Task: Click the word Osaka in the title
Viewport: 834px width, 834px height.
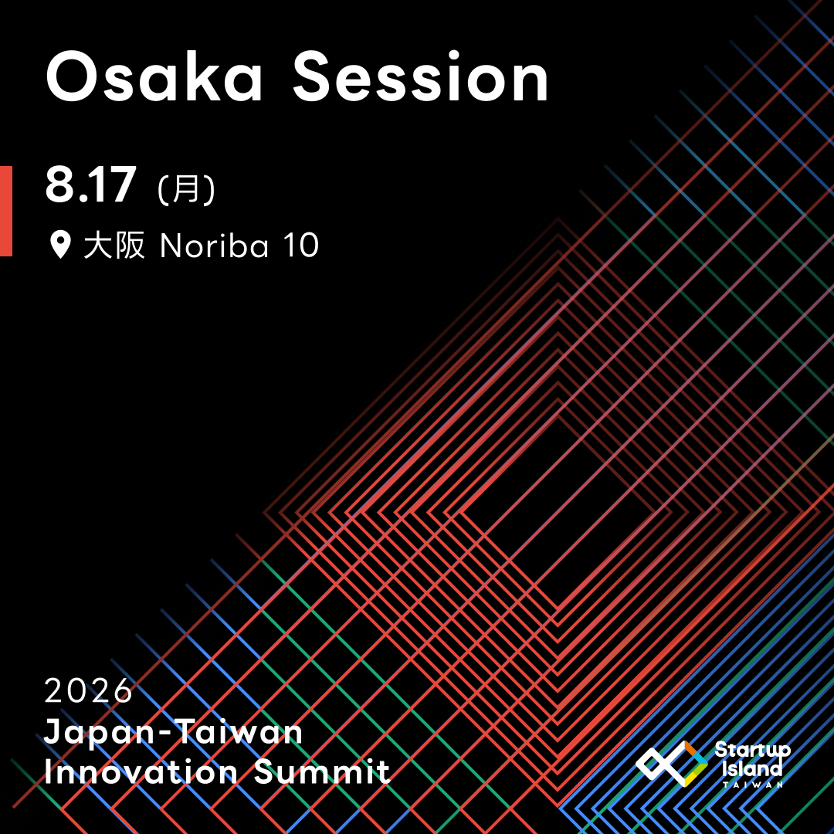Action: pos(154,76)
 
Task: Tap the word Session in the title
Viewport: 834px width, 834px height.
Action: pos(420,76)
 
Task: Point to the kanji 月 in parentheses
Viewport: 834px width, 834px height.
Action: pos(186,188)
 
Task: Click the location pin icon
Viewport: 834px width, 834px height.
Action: pos(61,245)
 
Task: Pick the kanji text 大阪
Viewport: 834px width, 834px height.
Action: pos(114,246)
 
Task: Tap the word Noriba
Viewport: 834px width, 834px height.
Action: pos(215,246)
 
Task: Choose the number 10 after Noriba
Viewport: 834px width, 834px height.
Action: pos(300,246)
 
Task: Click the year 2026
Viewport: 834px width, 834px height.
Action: pos(88,690)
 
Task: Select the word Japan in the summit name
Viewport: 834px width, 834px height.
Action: pos(100,733)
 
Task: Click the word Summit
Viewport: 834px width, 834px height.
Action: pos(322,771)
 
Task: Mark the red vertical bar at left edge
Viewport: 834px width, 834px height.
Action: pos(6,211)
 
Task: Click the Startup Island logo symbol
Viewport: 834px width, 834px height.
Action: pos(671,763)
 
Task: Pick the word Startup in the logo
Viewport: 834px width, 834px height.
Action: pos(752,750)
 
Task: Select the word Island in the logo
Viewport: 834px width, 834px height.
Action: pos(752,768)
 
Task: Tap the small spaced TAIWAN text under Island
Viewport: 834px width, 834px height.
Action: pos(753,784)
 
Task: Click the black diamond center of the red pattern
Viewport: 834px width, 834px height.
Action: pos(558,513)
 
